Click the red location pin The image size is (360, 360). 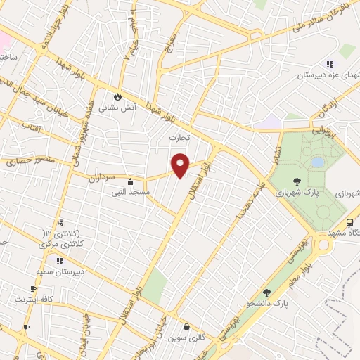click(181, 165)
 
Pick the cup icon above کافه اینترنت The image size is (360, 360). click(33, 288)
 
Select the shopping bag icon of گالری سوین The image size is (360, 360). click(186, 326)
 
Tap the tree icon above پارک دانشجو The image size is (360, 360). click(266, 292)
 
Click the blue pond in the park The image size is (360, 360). click(318, 162)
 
